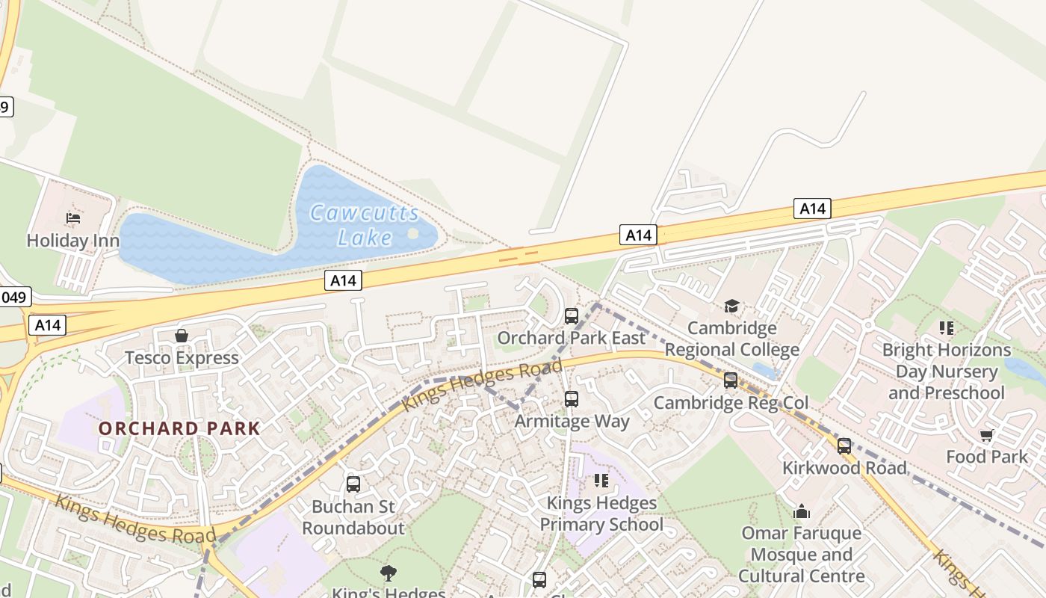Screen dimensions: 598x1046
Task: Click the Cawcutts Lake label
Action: (365, 225)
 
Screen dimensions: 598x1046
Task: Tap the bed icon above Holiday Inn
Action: (73, 218)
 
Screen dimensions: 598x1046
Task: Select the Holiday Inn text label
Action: (73, 241)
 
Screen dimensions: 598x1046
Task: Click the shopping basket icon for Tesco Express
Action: (182, 336)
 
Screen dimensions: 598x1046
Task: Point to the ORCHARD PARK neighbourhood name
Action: (179, 429)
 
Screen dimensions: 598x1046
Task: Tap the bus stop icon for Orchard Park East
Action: (572, 316)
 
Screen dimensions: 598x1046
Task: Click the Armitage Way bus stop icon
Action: (572, 399)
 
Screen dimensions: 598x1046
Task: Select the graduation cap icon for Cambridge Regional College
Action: (731, 306)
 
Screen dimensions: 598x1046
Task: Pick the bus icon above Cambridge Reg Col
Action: (731, 380)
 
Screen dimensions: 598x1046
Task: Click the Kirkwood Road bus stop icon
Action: (844, 446)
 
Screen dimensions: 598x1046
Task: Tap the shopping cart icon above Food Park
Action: (986, 435)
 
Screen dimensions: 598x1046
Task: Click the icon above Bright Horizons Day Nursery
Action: (947, 328)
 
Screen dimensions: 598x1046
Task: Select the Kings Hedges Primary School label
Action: (601, 514)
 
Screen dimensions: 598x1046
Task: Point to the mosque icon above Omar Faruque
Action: (802, 511)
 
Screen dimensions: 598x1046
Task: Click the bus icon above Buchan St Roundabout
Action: (353, 484)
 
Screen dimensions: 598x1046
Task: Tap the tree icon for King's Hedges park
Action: (388, 573)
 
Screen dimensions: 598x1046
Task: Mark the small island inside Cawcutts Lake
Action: (413, 234)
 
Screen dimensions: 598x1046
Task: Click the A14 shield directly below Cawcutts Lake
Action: (343, 280)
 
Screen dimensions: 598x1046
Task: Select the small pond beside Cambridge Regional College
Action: (766, 370)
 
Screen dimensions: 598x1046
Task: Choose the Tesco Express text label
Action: (182, 358)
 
